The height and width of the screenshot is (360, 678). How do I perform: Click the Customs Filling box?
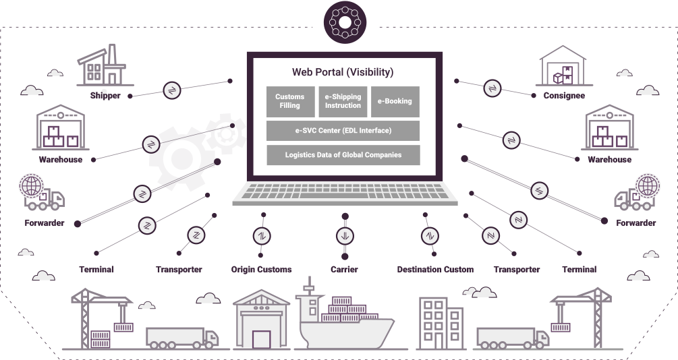[x=290, y=102]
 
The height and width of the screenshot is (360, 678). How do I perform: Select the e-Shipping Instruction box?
[x=343, y=102]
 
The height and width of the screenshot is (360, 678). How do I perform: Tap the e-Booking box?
[x=395, y=102]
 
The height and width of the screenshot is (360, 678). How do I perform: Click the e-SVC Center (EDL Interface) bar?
[x=343, y=131]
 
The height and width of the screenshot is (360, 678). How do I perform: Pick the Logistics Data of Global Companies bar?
[x=343, y=154]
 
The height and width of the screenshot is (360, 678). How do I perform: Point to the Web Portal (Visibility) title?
[x=343, y=71]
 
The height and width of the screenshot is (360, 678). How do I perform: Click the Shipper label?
[x=105, y=96]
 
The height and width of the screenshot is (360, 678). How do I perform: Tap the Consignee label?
[x=564, y=96]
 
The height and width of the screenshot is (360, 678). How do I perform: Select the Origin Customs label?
[x=261, y=269]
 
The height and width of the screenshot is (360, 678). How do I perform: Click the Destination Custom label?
[x=435, y=269]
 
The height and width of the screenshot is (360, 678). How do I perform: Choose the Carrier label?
[x=344, y=269]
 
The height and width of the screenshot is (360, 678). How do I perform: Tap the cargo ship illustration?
[x=344, y=318]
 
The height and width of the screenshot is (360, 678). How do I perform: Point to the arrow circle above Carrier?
[x=345, y=236]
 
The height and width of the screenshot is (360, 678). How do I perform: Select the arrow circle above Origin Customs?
[x=262, y=236]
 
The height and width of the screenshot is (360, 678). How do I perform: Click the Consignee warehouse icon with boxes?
[x=563, y=65]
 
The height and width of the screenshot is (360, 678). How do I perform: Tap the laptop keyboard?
[x=345, y=191]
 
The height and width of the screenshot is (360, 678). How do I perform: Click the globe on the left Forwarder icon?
[x=31, y=186]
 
